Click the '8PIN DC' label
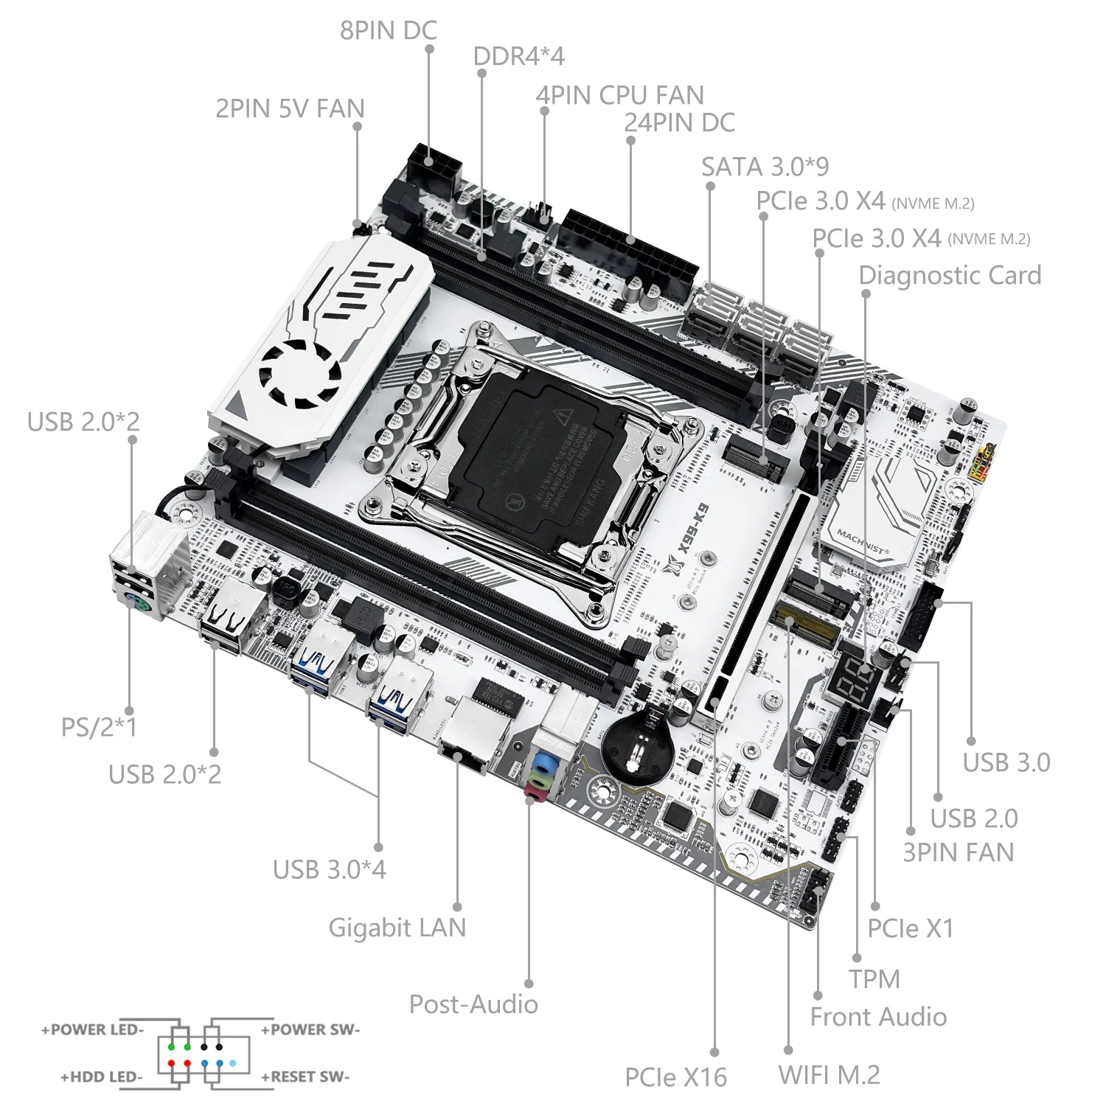tap(388, 30)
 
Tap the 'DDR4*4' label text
tap(518, 56)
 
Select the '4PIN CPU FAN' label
tap(619, 95)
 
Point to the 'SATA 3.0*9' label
tap(765, 167)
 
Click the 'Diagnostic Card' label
tap(950, 276)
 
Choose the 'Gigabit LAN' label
tap(397, 928)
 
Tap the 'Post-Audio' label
tap(473, 1004)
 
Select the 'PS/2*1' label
tap(99, 728)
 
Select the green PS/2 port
tap(136, 604)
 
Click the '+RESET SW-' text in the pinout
tap(305, 1077)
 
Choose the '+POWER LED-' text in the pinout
tap(92, 1030)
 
